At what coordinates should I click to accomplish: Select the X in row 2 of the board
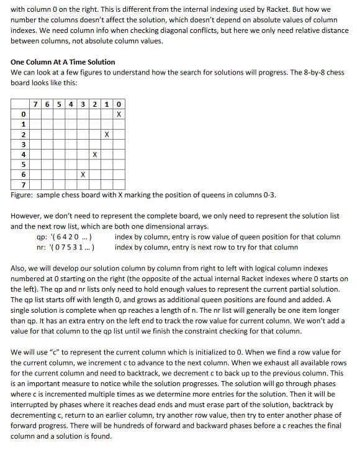106,133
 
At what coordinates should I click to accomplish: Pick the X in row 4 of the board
94,153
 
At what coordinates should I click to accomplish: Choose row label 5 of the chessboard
23,163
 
